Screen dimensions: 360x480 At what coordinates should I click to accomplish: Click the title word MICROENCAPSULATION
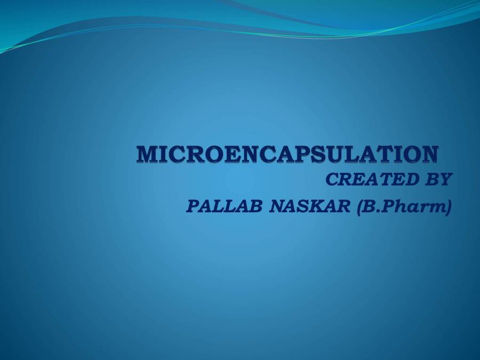288,154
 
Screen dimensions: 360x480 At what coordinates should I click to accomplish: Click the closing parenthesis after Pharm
448,206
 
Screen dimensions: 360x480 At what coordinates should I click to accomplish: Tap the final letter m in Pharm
436,207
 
